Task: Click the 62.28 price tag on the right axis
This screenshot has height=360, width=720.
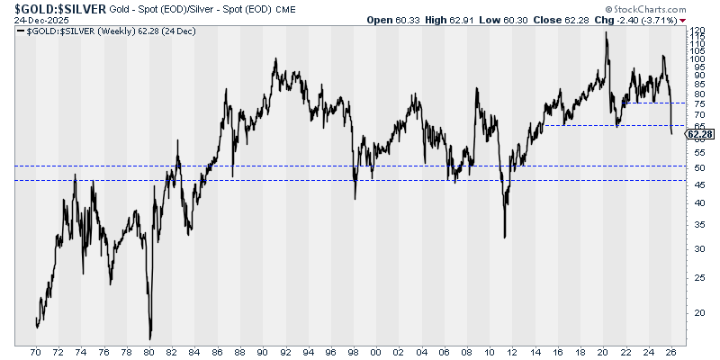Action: pyautogui.click(x=698, y=134)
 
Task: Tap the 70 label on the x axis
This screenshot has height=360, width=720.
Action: pyautogui.click(x=37, y=352)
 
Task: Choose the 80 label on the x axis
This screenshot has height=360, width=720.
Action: pyautogui.click(x=149, y=352)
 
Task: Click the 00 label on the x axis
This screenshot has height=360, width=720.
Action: pyautogui.click(x=375, y=352)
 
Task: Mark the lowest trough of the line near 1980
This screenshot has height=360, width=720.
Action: pyautogui.click(x=150, y=338)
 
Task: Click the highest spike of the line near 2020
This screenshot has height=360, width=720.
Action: pyautogui.click(x=606, y=32)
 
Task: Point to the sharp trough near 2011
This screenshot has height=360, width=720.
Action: pyautogui.click(x=505, y=238)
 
